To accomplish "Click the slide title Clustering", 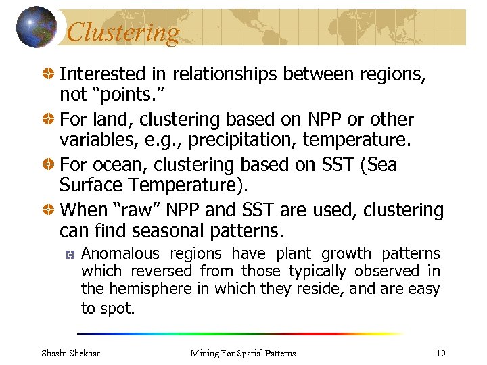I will coord(124,32).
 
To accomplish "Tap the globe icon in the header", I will coord(36,27).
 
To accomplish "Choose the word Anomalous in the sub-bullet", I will coord(120,254).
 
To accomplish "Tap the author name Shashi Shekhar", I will coord(70,353).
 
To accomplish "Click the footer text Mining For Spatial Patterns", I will coord(243,353).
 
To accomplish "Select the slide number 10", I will coord(440,353).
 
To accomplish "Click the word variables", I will coord(93,140).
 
